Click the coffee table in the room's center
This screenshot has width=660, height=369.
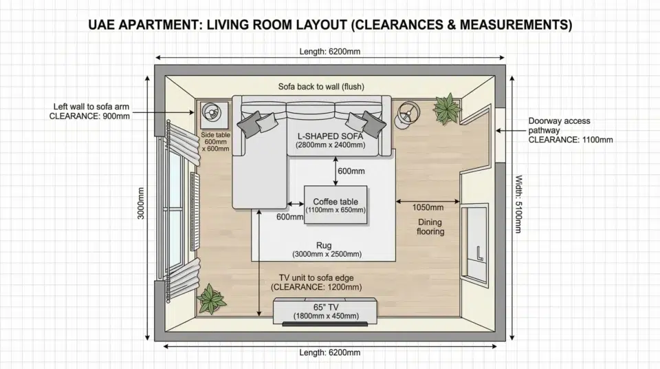click(x=335, y=205)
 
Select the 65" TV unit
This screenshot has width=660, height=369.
click(x=325, y=311)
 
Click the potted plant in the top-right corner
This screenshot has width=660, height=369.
click(x=447, y=108)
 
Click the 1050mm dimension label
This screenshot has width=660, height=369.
click(x=427, y=207)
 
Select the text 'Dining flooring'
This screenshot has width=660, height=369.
click(x=430, y=227)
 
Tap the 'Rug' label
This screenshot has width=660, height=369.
click(x=324, y=245)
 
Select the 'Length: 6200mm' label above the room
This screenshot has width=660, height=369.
click(x=329, y=52)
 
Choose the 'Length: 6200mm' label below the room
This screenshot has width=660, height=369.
click(x=329, y=352)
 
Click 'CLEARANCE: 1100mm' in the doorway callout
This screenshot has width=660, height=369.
click(x=571, y=140)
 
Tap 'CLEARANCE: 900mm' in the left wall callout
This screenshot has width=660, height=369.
click(x=89, y=116)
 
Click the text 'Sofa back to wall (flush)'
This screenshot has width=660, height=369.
click(x=321, y=87)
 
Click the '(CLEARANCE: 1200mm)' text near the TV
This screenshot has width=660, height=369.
click(x=316, y=287)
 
